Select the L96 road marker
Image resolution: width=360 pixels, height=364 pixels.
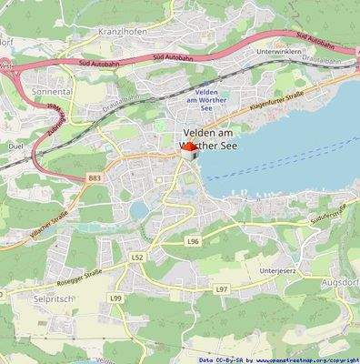(193, 241)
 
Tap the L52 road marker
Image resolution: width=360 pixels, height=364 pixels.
(137, 258)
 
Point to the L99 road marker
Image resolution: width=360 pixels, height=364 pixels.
(115, 298)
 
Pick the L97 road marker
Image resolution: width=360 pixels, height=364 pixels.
(221, 288)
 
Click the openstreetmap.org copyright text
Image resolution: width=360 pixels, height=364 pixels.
(306, 360)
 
